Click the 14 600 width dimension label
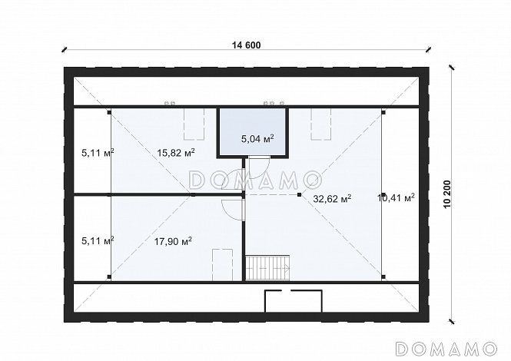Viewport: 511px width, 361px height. click(247, 45)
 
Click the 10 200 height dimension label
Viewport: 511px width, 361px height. click(447, 194)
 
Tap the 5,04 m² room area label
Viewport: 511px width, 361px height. click(257, 139)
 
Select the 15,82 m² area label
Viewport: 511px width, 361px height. click(176, 153)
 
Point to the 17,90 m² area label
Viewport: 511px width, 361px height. click(173, 241)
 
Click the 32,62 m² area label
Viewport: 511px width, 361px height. click(332, 198)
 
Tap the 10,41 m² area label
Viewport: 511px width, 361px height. click(396, 197)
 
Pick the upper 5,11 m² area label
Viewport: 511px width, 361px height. click(98, 153)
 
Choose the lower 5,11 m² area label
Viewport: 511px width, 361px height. click(98, 241)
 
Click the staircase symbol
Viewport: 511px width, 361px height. click(267, 268)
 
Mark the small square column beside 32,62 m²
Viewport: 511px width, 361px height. click(299, 195)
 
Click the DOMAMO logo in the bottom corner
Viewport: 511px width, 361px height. click(446, 349)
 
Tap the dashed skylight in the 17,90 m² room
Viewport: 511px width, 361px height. click(223, 265)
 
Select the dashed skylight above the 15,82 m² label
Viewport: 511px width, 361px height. click(194, 124)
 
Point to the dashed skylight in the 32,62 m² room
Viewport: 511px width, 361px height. click(320, 124)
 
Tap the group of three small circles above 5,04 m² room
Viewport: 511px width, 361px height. click(274, 103)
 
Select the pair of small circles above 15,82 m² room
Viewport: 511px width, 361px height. click(170, 103)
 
